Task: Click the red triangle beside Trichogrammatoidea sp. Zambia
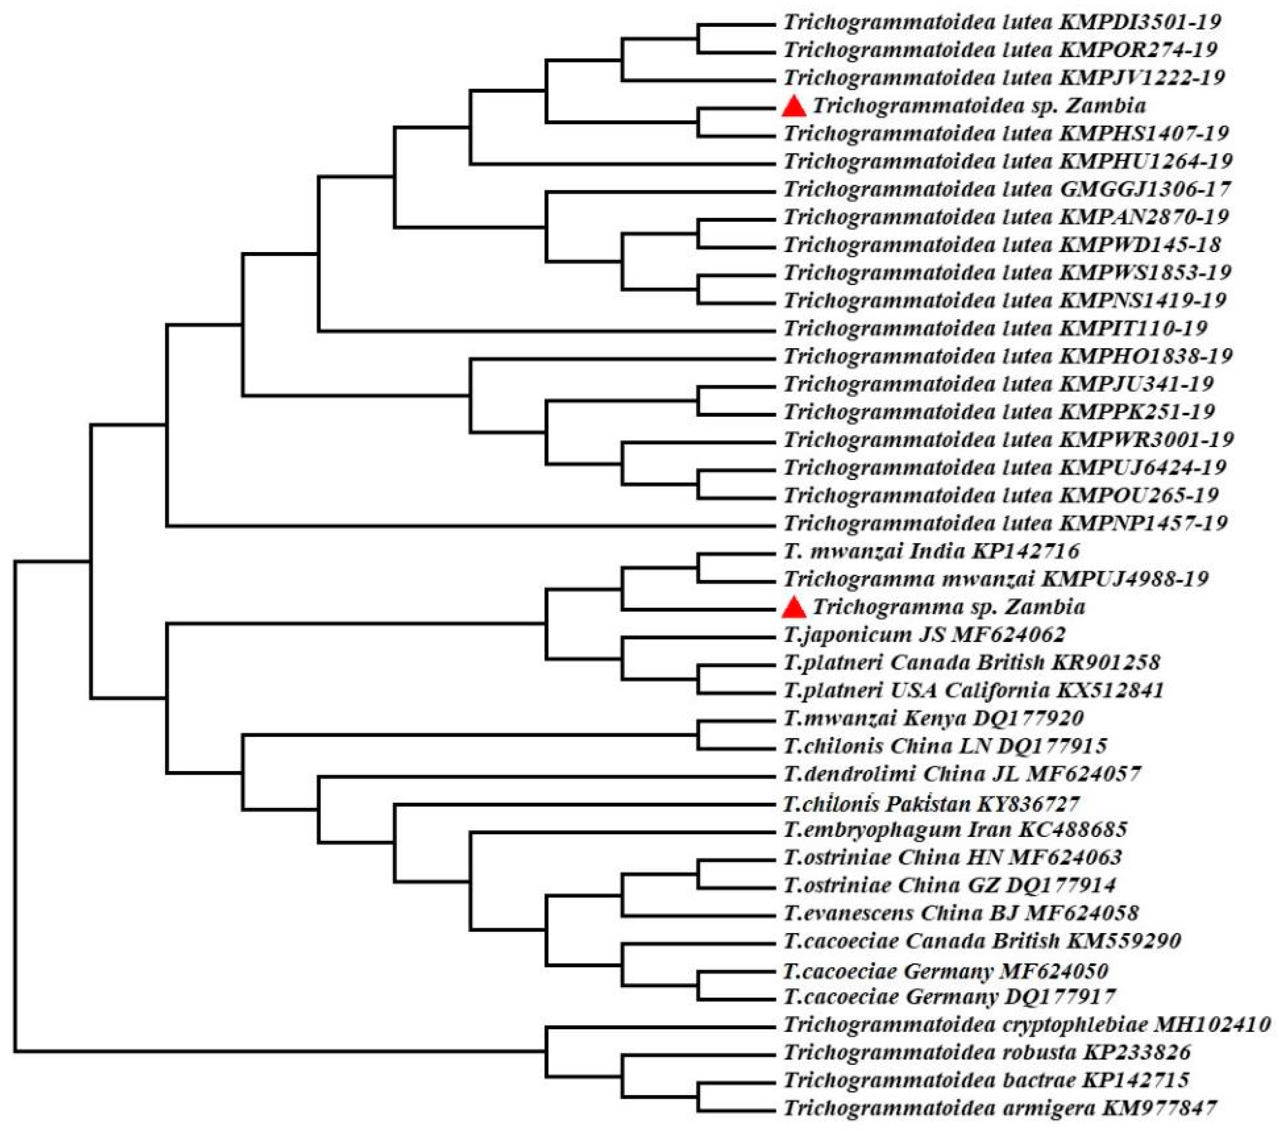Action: (x=794, y=106)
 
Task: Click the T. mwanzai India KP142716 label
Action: (x=932, y=551)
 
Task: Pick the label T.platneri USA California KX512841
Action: (x=974, y=691)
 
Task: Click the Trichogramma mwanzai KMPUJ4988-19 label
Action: (x=995, y=579)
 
